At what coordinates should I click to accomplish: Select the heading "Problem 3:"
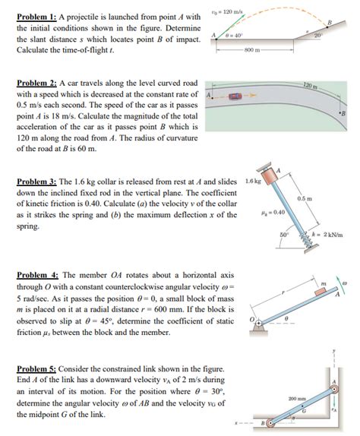click(x=34, y=183)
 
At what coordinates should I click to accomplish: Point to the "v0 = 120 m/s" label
click(x=225, y=6)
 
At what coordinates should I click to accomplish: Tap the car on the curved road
click(x=236, y=96)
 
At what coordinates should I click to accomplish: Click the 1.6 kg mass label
click(x=253, y=182)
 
